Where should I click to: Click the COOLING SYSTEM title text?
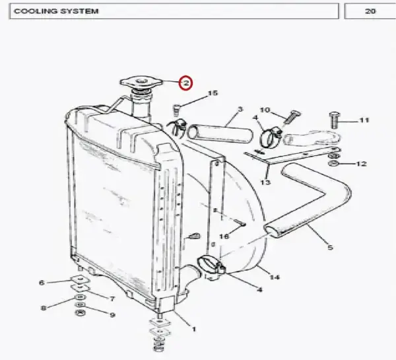(x=56, y=11)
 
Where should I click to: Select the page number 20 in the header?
(x=370, y=11)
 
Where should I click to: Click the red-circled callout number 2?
(x=186, y=83)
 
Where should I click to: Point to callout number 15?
(x=213, y=93)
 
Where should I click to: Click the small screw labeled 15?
(x=176, y=109)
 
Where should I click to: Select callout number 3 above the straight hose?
(x=240, y=109)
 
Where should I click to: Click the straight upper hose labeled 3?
(x=220, y=133)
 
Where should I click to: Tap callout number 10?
(x=265, y=110)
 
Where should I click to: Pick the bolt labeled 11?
(x=335, y=120)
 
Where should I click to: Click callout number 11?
(x=364, y=120)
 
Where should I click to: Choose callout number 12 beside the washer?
(x=362, y=164)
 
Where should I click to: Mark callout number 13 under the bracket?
(x=265, y=182)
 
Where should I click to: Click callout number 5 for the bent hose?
(x=331, y=247)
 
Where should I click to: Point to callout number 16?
(x=224, y=236)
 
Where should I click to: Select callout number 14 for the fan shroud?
(x=275, y=277)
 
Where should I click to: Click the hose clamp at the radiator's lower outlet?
(x=211, y=265)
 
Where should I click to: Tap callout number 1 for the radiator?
(x=193, y=329)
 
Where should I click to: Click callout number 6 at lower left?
(x=42, y=283)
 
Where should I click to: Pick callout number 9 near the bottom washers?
(x=112, y=314)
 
